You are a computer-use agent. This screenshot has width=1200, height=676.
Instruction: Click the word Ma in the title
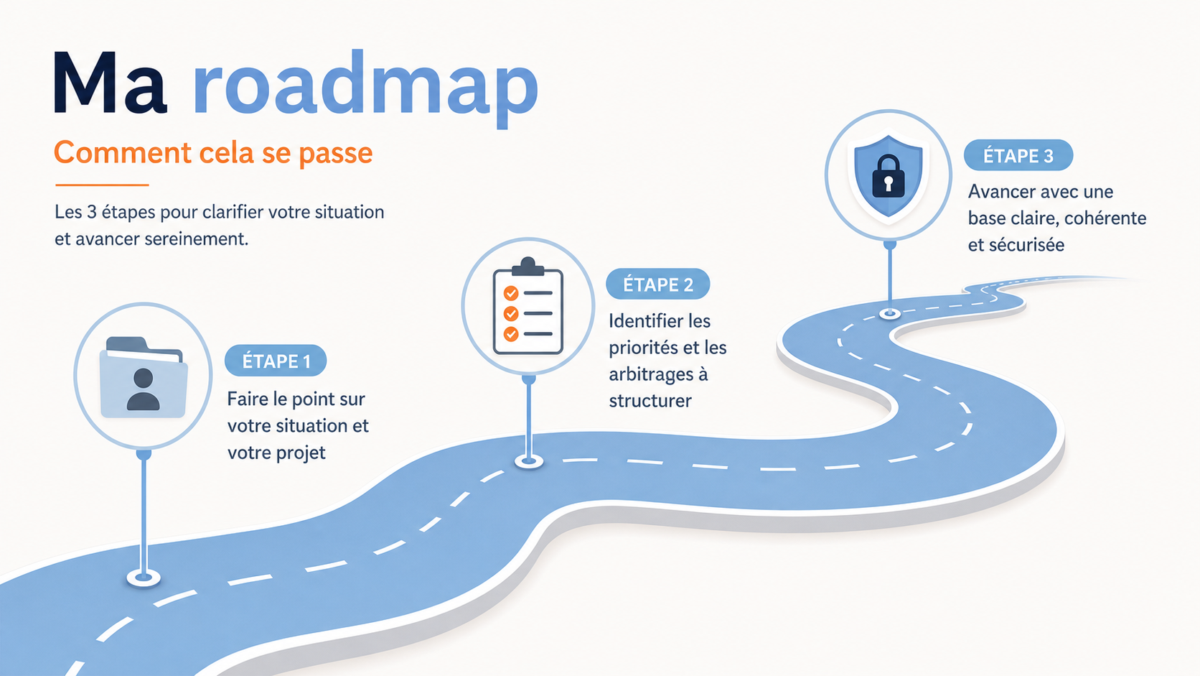(110, 83)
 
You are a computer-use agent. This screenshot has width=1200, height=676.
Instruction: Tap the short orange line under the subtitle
(102, 185)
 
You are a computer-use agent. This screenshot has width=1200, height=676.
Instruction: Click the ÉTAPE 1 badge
(276, 361)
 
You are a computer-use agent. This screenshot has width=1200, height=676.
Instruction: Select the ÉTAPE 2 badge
(658, 284)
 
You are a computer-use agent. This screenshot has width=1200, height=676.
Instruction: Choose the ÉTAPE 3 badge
(1018, 155)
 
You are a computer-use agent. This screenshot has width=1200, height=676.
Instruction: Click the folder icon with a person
(144, 377)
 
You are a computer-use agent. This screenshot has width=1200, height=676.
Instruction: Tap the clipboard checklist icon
(528, 306)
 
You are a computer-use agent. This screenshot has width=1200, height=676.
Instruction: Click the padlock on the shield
(889, 177)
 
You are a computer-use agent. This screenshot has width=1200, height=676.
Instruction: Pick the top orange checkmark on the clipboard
(511, 293)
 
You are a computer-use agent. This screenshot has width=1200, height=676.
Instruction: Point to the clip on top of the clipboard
(528, 267)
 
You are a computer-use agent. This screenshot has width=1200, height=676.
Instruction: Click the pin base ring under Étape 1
(144, 578)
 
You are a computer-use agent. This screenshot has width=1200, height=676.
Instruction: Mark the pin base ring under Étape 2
(529, 461)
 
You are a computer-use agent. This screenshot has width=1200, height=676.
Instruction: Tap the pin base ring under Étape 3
(890, 314)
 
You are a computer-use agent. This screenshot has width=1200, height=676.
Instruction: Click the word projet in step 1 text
(301, 453)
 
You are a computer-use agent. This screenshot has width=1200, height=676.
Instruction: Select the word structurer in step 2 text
(650, 400)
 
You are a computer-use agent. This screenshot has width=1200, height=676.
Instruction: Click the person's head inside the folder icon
(143, 378)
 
